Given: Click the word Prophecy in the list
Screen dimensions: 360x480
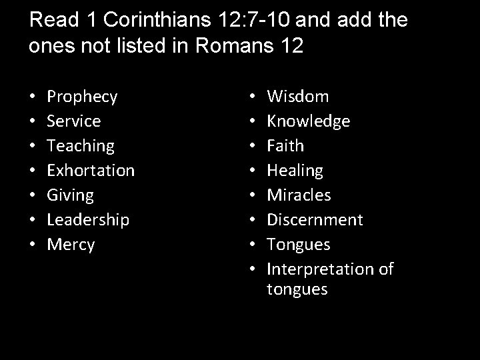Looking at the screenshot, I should tap(83, 97).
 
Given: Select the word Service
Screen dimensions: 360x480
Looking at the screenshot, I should tap(74, 121).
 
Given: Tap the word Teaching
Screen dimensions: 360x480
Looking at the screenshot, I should tap(81, 146).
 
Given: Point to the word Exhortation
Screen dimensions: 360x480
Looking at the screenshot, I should tap(91, 170).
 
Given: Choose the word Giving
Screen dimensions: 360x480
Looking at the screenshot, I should tap(71, 195).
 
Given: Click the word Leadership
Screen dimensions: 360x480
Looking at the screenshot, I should tap(88, 219).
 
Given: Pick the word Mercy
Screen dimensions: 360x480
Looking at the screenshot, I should tap(71, 245).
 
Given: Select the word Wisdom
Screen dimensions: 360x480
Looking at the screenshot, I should tap(298, 97).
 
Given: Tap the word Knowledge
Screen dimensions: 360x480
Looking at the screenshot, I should tap(308, 121).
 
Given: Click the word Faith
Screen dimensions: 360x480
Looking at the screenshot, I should tap(285, 146).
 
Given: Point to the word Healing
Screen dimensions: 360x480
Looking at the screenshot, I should tap(295, 171).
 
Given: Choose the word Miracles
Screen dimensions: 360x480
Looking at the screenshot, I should tap(299, 195).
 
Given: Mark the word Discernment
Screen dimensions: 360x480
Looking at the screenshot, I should tap(315, 219).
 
